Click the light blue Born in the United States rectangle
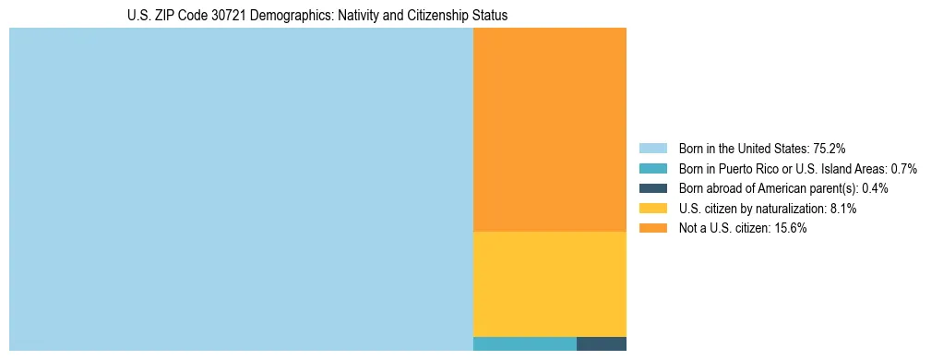tap(241, 189)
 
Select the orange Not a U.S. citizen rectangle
tap(549, 129)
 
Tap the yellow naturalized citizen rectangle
tap(549, 283)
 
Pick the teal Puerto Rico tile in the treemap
tap(524, 343)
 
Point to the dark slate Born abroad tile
tap(601, 343)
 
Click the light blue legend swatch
tap(652, 148)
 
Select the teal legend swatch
tap(652, 168)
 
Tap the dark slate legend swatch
tap(652, 188)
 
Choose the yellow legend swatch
tap(652, 209)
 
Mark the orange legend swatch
tap(652, 229)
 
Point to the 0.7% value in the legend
tap(902, 168)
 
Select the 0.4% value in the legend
tap(876, 188)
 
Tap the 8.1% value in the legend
tap(842, 209)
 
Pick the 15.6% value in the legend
tap(791, 229)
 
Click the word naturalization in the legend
tap(792, 209)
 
